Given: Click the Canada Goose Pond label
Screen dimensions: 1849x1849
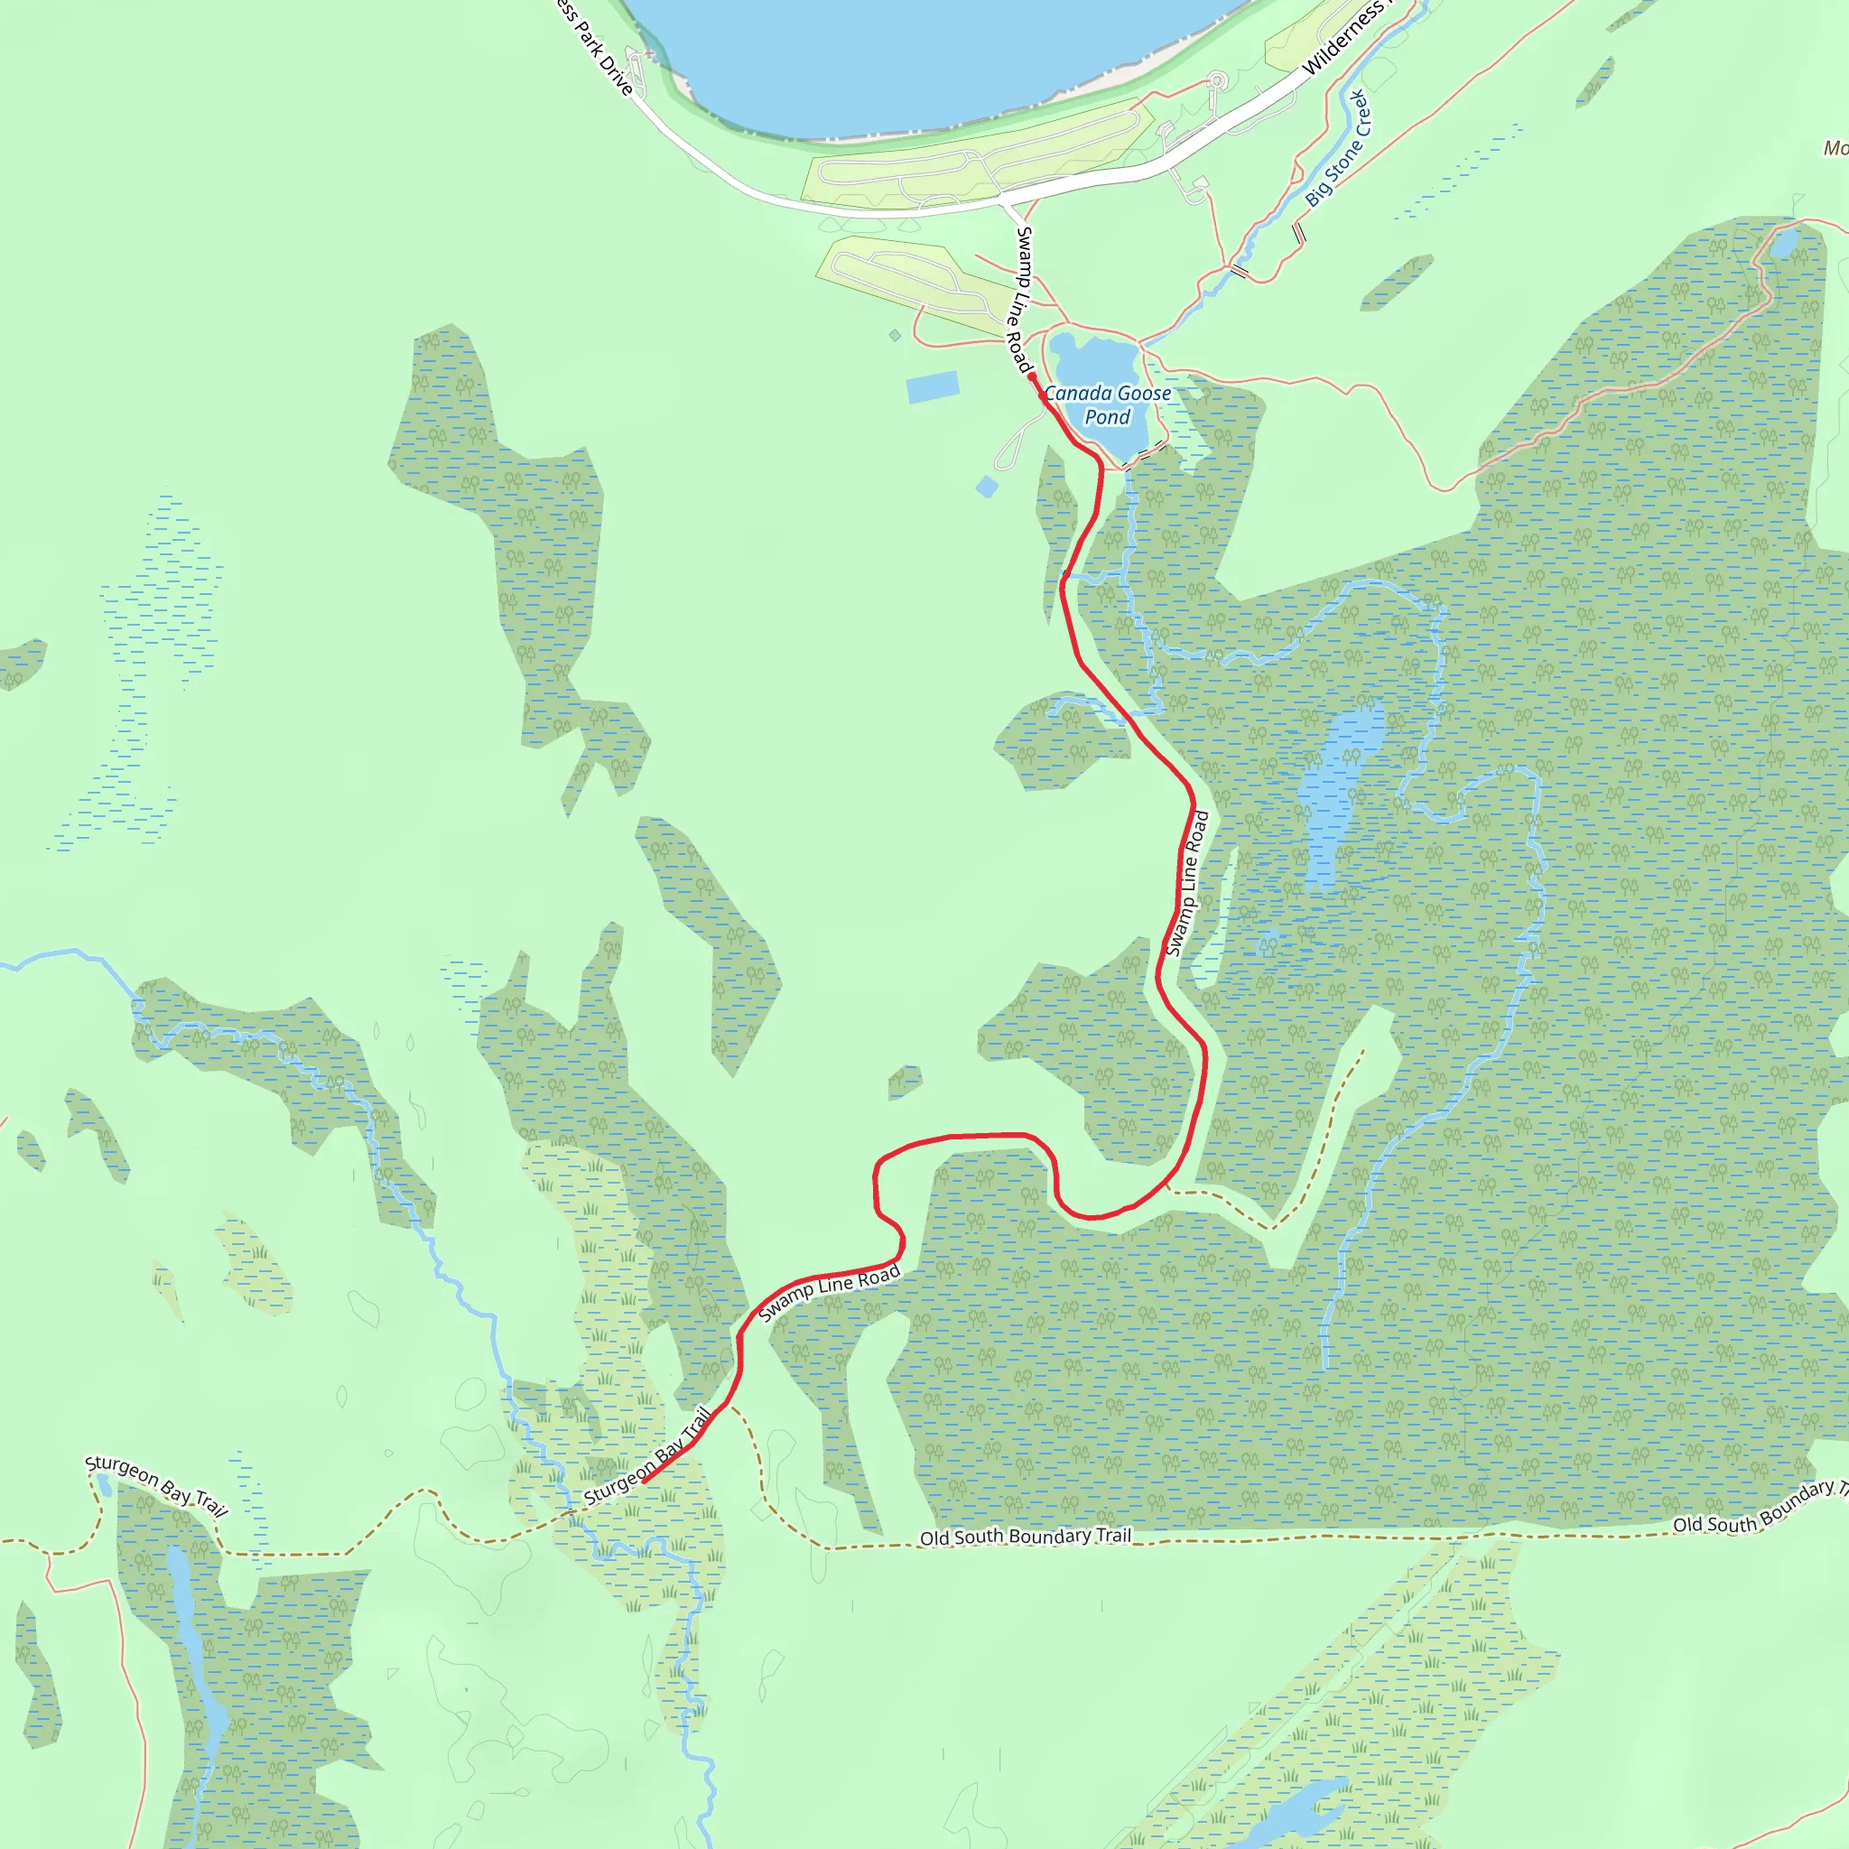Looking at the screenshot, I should click(1107, 404).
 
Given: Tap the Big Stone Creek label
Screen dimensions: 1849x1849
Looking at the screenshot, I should click(1338, 148).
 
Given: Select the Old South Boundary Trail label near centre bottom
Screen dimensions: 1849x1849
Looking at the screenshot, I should click(1025, 1536).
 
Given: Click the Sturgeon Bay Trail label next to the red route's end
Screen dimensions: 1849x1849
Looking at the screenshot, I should click(648, 1455).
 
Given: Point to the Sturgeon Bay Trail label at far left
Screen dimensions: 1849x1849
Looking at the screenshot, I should click(156, 1486).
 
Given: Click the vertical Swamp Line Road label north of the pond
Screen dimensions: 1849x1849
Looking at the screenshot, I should click(1021, 299).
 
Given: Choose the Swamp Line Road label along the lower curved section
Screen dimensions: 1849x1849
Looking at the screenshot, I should click(829, 1292).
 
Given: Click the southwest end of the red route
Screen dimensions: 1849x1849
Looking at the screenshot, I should click(642, 1482).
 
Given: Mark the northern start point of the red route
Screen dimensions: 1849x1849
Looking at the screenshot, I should click(1032, 377).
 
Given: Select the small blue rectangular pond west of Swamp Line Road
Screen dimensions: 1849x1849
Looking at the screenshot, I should click(932, 386).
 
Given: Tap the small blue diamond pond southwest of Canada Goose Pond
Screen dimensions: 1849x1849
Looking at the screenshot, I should click(987, 488).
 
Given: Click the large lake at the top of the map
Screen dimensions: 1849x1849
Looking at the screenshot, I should click(919, 58).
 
